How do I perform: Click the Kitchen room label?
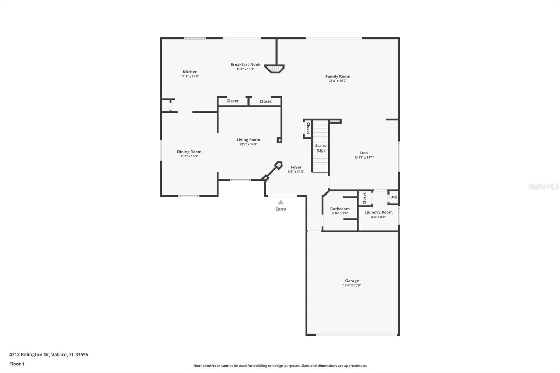[190, 72]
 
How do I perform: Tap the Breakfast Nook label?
[245, 64]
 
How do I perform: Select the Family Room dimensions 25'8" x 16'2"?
[337, 81]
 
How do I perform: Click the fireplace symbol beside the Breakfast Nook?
[274, 69]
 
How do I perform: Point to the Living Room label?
[248, 140]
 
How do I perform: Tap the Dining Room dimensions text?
[189, 156]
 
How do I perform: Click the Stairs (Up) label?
[321, 148]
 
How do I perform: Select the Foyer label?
[296, 167]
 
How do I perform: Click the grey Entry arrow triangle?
[281, 202]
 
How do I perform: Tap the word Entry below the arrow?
[281, 209]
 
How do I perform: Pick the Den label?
[364, 153]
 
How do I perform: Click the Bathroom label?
[340, 209]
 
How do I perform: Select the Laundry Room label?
[378, 212]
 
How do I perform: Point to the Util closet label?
[394, 197]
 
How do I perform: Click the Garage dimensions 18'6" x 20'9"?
[352, 285]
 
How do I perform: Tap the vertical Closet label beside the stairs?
[308, 128]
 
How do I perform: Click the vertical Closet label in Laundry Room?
[364, 198]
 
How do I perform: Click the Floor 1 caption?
[17, 364]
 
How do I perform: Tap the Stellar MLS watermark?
[543, 186]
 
